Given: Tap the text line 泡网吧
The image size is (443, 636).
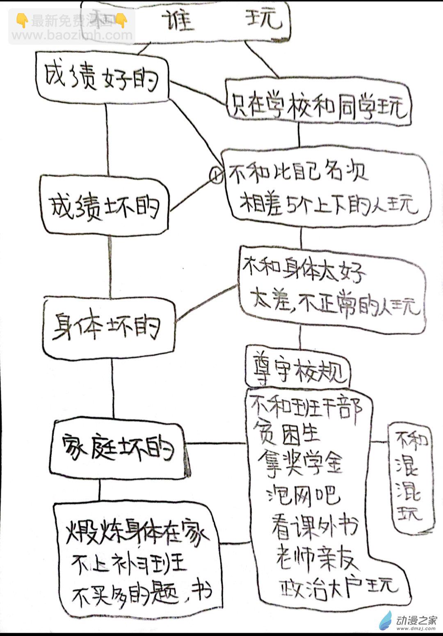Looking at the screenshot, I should point(304,495).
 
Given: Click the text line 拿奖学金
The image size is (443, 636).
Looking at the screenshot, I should point(301,462).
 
